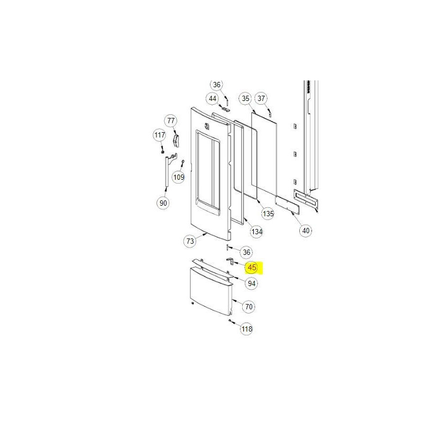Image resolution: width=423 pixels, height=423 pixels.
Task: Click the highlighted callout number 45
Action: coord(252,268)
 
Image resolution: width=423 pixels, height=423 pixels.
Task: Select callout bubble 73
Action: coord(190,241)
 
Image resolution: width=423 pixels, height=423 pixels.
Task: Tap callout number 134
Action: coord(256,232)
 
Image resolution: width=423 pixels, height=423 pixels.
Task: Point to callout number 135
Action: coord(268,214)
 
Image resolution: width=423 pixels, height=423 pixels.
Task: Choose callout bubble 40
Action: coord(306,231)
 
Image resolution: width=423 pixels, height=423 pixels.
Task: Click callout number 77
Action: coord(171,121)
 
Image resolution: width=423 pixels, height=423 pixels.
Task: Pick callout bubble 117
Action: coord(160,135)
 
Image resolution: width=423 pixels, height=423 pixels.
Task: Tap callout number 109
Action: coord(179,177)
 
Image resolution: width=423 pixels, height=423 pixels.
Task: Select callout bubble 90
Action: coord(163,203)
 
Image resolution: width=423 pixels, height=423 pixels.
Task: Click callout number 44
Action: coord(213,99)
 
